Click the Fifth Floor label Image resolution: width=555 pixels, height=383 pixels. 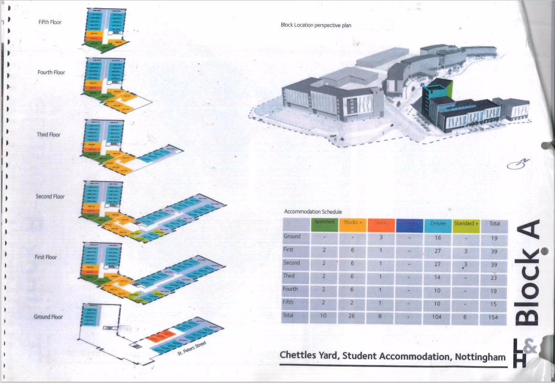pos(49,22)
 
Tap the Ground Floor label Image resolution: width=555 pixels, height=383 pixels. pos(48,317)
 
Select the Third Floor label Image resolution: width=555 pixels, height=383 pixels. pos(49,135)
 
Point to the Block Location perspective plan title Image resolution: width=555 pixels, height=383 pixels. pos(316,25)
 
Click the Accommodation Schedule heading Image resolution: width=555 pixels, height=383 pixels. pos(313,212)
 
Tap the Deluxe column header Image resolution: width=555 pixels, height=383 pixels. pos(438,224)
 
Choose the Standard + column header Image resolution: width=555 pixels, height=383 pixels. pos(466,224)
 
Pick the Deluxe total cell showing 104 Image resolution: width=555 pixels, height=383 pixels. pos(438,317)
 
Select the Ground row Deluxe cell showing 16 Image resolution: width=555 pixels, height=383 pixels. pos(438,238)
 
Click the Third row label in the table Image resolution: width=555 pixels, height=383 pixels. pos(290,276)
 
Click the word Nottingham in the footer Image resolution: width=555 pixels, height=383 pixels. pos(480,356)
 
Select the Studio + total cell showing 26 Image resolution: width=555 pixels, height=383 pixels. pos(352,317)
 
